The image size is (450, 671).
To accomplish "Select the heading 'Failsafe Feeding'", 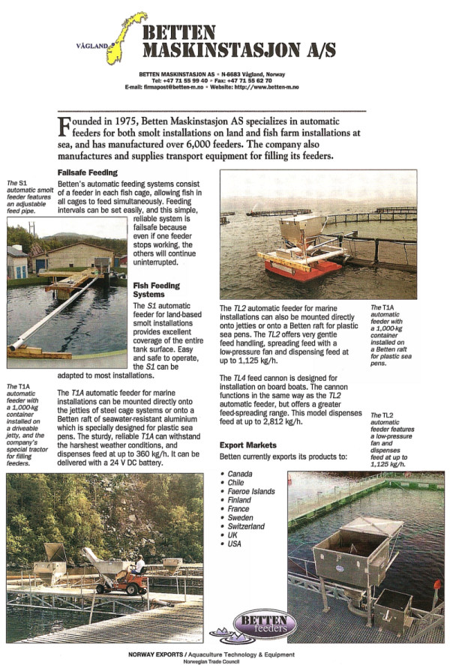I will click(x=87, y=172).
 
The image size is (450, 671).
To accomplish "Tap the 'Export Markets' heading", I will click(x=249, y=445).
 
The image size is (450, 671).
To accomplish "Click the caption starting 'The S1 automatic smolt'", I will click(x=25, y=198).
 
